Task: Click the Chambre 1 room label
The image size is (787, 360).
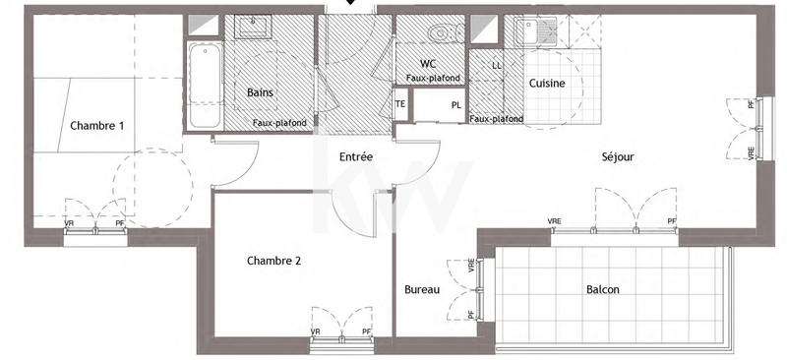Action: (x=96, y=125)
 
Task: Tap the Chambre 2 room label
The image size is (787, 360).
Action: (x=273, y=261)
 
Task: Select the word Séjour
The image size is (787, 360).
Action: (x=618, y=156)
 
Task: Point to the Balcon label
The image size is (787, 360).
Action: (x=603, y=289)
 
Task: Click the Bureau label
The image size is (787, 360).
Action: (x=421, y=290)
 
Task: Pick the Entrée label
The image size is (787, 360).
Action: (x=355, y=156)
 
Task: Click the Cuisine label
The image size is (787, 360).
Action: (x=547, y=84)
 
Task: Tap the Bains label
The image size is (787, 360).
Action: (x=260, y=92)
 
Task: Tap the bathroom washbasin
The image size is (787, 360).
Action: (x=253, y=26)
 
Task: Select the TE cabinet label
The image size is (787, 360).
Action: (x=400, y=103)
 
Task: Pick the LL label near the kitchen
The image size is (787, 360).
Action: (x=496, y=66)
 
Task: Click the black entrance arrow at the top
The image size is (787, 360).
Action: (x=351, y=4)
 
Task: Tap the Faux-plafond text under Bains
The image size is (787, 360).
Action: (x=279, y=122)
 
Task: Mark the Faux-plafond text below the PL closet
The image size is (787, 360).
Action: (x=496, y=119)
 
